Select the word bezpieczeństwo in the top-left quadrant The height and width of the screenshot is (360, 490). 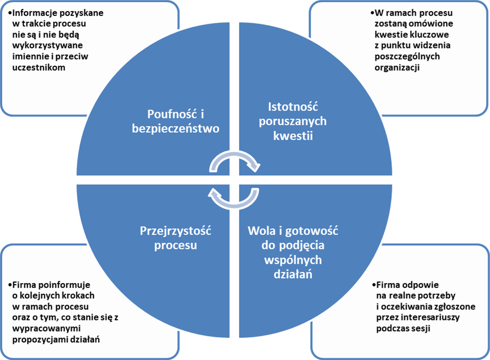pos(176,129)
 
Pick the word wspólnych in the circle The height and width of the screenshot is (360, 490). pos(293,260)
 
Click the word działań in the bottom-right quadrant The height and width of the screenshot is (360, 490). pos(293,275)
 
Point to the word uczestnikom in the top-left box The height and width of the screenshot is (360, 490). pos(38,67)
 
